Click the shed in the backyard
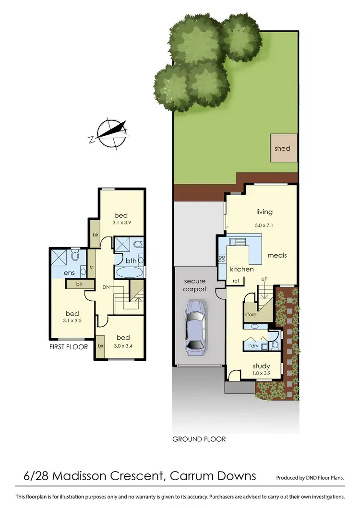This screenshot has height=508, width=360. pyautogui.click(x=282, y=148)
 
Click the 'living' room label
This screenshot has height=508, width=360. pyautogui.click(x=264, y=212)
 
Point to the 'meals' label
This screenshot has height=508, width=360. pyautogui.click(x=277, y=255)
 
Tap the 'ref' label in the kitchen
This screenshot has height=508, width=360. pyautogui.click(x=236, y=281)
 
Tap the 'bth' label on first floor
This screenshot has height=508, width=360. pyautogui.click(x=131, y=261)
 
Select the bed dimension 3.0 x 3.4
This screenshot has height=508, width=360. pyautogui.click(x=122, y=345)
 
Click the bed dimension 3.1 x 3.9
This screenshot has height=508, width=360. pyautogui.click(x=122, y=223)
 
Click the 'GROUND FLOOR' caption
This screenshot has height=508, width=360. pyautogui.click(x=199, y=439)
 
